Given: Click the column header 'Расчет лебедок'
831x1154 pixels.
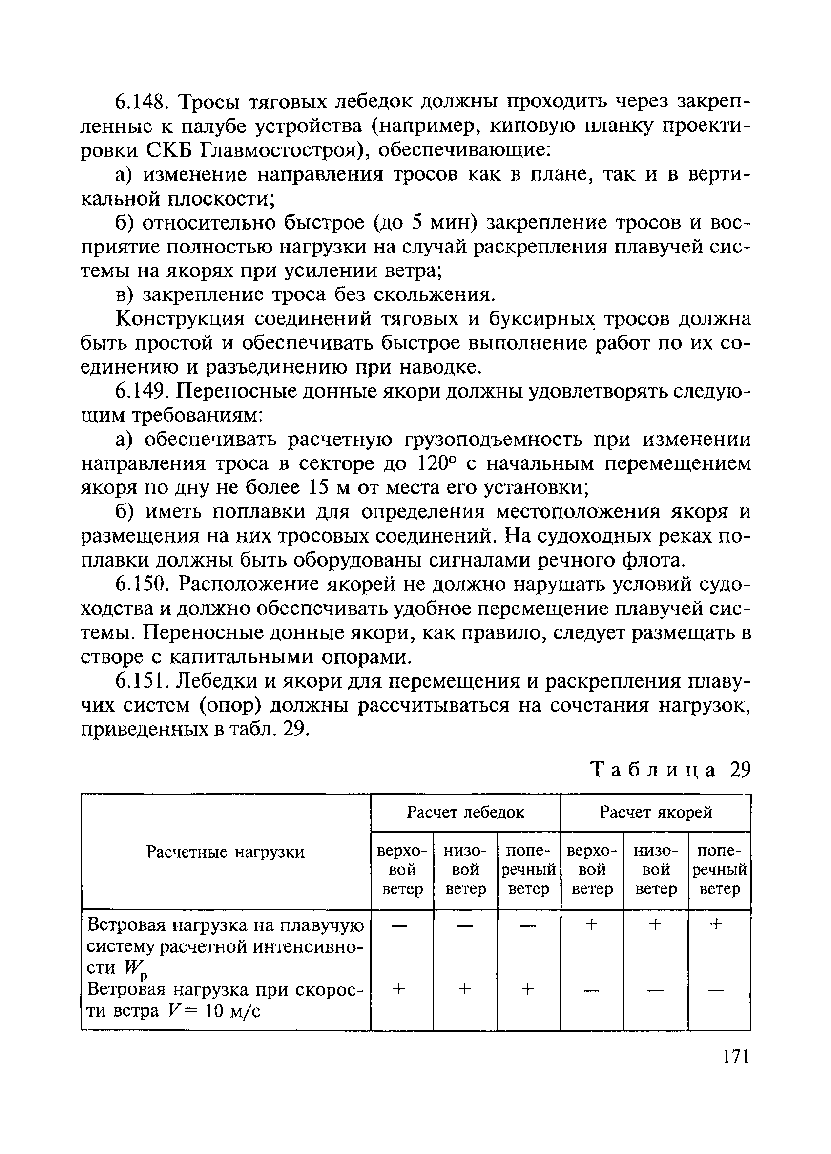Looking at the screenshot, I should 465,813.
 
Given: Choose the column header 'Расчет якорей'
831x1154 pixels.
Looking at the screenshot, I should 655,813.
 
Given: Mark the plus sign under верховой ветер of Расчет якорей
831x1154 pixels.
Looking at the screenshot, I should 591,924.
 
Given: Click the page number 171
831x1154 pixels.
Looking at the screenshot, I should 735,1057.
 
